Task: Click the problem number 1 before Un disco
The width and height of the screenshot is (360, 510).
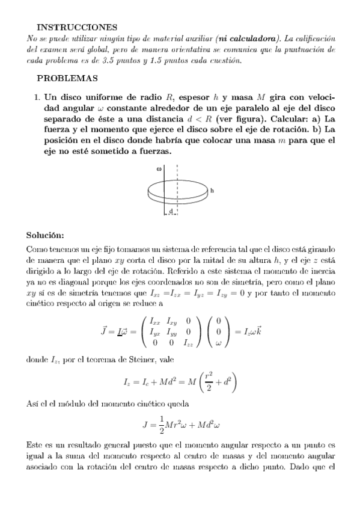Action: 37,96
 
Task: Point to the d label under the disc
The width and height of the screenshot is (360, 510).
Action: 171,212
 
